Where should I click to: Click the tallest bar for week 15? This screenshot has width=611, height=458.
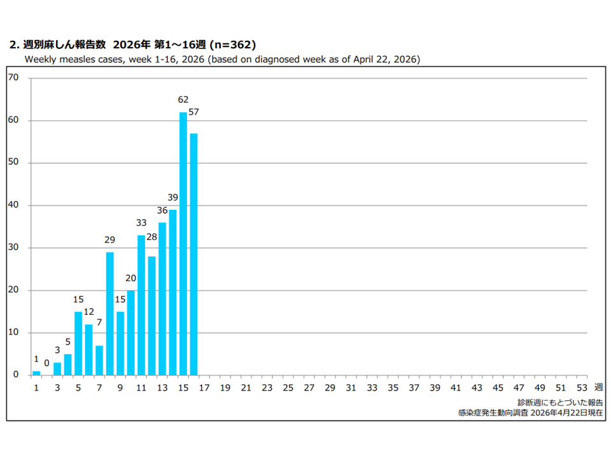(183, 244)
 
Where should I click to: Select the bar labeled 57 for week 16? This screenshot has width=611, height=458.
(193, 254)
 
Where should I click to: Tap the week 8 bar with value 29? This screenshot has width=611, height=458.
(110, 314)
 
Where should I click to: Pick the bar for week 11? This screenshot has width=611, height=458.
(141, 305)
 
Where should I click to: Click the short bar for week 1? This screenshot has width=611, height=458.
(36, 373)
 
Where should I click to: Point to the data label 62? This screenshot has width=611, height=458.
(183, 100)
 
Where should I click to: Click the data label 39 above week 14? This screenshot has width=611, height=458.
(172, 197)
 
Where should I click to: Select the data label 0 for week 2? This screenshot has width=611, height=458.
(46, 363)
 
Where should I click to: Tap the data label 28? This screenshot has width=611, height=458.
(151, 237)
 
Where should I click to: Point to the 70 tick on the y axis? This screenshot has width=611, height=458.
(13, 78)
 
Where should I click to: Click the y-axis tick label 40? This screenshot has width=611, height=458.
(13, 205)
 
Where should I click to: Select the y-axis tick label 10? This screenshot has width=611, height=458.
(13, 332)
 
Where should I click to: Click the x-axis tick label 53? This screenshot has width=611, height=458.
(582, 388)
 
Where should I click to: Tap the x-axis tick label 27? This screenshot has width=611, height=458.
(309, 388)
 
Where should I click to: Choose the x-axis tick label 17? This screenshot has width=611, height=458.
(204, 388)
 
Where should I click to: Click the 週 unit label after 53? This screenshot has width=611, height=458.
(598, 387)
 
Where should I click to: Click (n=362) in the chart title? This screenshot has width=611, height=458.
(233, 45)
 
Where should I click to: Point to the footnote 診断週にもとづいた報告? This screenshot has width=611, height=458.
(560, 403)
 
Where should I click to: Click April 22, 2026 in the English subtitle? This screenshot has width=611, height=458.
(386, 60)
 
